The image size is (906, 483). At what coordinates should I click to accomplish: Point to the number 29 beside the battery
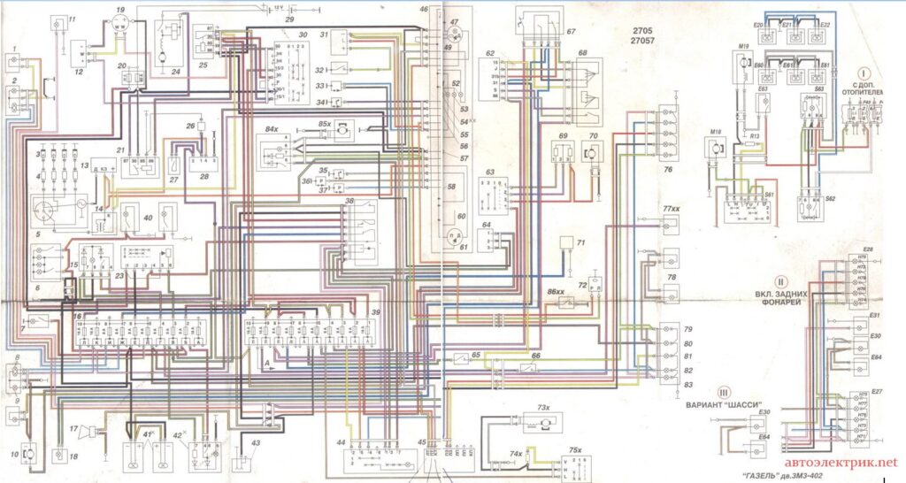[x=289, y=19]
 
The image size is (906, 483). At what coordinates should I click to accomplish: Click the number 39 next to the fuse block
[x=376, y=313]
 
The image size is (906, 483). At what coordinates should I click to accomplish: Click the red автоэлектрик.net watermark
[x=841, y=463]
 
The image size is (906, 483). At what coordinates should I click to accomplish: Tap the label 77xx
[x=670, y=208]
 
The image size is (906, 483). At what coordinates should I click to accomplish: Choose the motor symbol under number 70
[x=595, y=152]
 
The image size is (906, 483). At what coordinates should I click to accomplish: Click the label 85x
[x=325, y=124]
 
